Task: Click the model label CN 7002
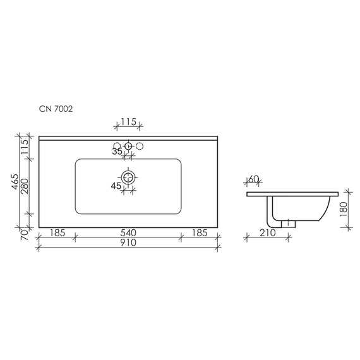point(55,109)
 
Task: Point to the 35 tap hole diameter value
point(117,152)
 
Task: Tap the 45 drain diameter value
point(116,186)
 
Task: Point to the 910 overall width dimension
point(128,244)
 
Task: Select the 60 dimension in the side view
point(254,179)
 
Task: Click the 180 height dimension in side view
point(343,208)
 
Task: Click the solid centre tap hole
point(129,147)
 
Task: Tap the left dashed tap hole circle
point(117,147)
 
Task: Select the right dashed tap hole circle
point(141,147)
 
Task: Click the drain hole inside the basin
point(129,177)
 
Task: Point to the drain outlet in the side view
point(289,223)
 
